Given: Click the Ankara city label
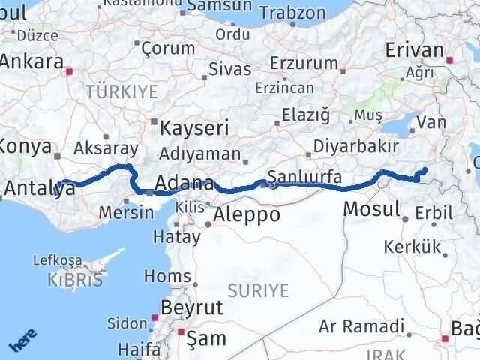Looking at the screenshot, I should pyautogui.click(x=32, y=62).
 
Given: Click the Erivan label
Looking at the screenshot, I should pyautogui.click(x=414, y=50).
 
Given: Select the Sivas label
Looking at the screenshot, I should pyautogui.click(x=229, y=68).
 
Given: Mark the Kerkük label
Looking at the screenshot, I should pyautogui.click(x=412, y=246).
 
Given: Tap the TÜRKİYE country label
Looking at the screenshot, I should pyautogui.click(x=122, y=91).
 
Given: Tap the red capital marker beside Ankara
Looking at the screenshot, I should pyautogui.click(x=69, y=73).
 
